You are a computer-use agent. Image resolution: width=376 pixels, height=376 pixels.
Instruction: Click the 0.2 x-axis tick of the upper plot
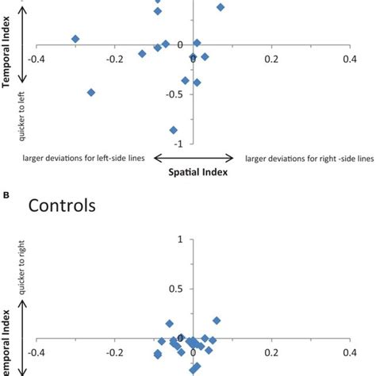coord(272,58)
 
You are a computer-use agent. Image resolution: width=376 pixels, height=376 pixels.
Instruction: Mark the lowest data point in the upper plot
coord(173,130)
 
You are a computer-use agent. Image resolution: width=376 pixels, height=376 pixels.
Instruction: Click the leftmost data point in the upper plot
coord(75,39)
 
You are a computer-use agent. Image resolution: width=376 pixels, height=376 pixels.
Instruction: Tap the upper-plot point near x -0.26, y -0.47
coord(91,92)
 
